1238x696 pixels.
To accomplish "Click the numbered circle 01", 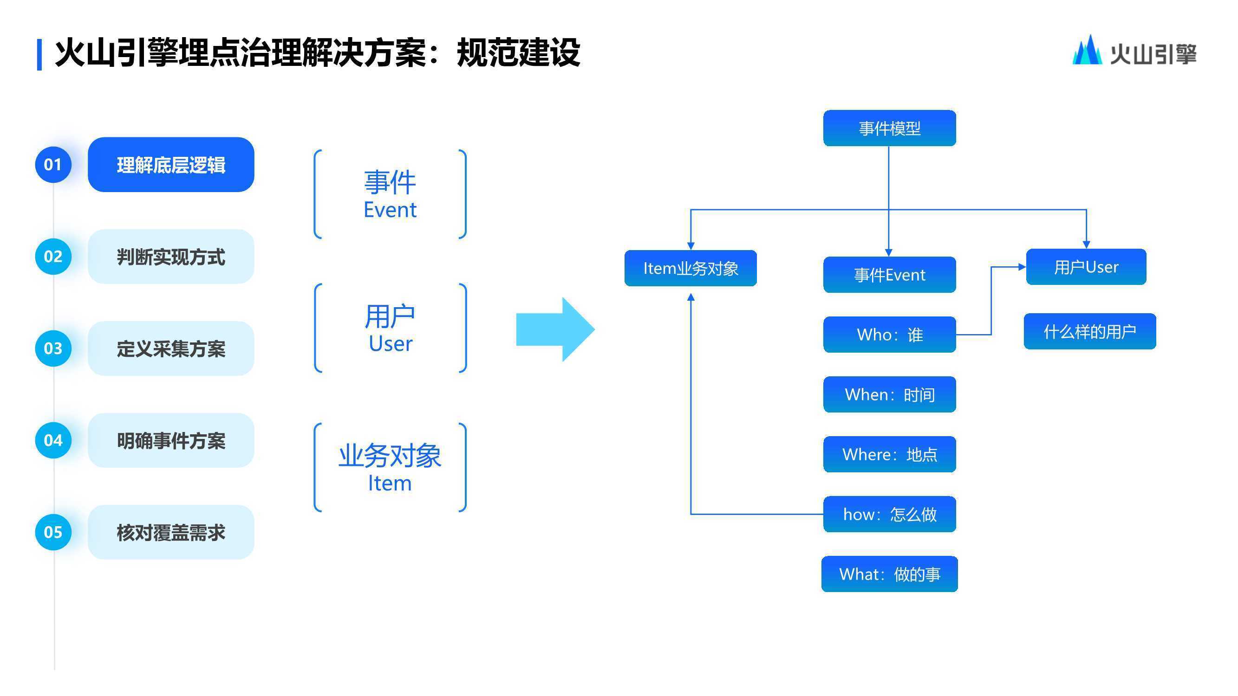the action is click(53, 165).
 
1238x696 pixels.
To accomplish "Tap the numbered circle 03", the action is click(53, 348).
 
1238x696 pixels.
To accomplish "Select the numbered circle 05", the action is click(53, 532).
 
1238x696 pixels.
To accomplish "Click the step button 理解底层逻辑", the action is click(171, 165).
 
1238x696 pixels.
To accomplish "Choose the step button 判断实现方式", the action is click(171, 257).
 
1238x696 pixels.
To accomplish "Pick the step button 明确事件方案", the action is click(171, 440).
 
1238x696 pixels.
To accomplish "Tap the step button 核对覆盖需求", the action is click(171, 532).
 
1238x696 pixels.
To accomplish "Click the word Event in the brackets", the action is click(390, 210).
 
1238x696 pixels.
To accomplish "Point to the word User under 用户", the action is click(390, 344).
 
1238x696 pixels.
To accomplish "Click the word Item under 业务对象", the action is click(390, 483).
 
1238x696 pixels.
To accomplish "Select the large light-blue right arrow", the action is click(555, 329).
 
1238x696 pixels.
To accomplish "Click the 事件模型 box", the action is click(890, 128).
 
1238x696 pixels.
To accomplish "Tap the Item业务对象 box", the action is click(691, 268).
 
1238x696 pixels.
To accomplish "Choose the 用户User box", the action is click(1086, 267).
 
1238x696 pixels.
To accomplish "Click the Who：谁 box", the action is click(890, 334).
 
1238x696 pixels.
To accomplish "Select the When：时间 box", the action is click(890, 394).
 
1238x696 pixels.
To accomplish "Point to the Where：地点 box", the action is click(890, 454).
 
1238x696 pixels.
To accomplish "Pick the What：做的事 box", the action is click(890, 574).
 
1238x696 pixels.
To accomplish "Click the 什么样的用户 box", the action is click(1090, 331).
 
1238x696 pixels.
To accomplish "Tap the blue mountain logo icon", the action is click(1087, 50).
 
